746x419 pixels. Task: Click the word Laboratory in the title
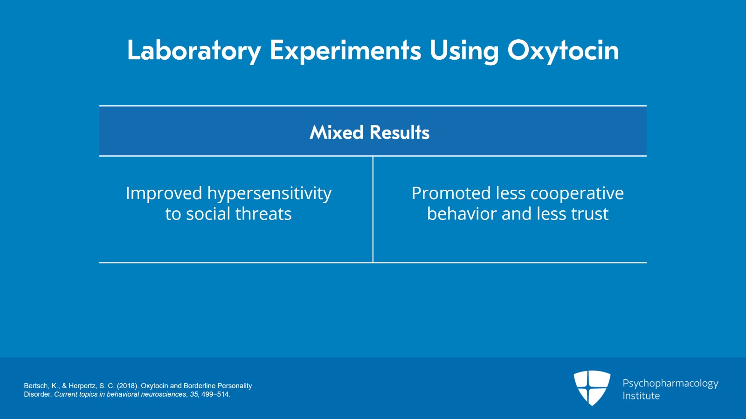(193, 50)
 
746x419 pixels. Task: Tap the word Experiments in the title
(345, 50)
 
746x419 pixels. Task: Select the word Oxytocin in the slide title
(563, 50)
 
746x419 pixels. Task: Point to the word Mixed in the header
(336, 132)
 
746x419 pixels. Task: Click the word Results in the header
(399, 132)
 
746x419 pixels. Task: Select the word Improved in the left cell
(164, 193)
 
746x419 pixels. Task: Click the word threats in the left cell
(263, 214)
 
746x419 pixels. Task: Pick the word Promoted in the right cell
(451, 193)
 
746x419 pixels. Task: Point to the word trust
(589, 214)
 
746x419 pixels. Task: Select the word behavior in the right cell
(462, 214)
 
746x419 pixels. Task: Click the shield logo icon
(592, 387)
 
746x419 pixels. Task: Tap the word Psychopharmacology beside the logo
(670, 384)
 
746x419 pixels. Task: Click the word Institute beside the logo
(641, 396)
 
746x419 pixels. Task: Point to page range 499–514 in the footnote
(215, 394)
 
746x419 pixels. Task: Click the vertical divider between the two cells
(373, 210)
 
